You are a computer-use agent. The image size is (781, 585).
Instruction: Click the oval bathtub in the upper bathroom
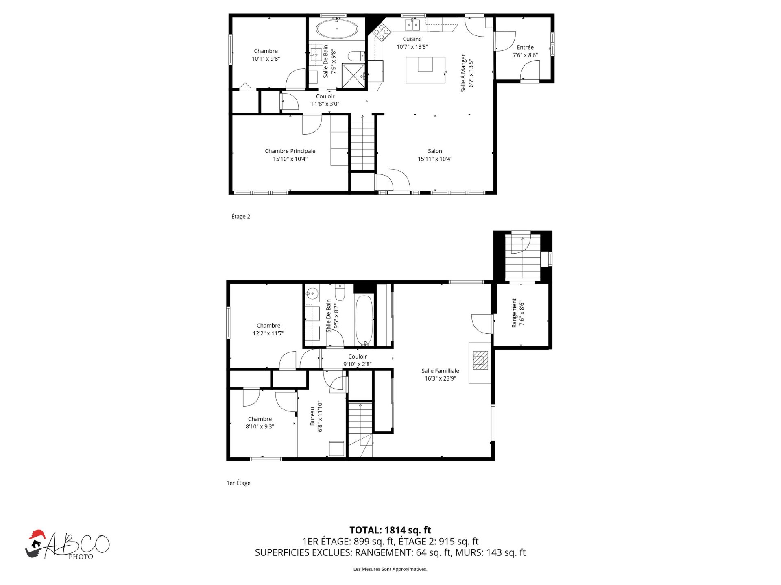(337, 29)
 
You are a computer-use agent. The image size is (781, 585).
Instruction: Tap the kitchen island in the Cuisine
(425, 70)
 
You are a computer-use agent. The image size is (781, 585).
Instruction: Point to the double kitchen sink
(412, 25)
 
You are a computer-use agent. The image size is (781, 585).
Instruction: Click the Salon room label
(435, 151)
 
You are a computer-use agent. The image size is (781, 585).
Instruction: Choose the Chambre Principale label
(290, 151)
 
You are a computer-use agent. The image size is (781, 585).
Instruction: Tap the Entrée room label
(525, 47)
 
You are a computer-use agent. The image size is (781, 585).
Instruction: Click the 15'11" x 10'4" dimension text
(435, 159)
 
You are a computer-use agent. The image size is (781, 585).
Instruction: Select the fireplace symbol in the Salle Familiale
(480, 360)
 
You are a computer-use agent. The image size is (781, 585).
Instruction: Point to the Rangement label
(514, 313)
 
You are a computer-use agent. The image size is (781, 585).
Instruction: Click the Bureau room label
(312, 416)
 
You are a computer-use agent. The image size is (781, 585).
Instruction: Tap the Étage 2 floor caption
(241, 216)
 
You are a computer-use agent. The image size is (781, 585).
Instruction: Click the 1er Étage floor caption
(238, 483)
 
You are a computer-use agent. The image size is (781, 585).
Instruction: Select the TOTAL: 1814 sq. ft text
(390, 530)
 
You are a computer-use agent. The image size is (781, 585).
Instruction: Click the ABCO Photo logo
(68, 545)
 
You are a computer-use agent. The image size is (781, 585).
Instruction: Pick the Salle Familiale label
(440, 371)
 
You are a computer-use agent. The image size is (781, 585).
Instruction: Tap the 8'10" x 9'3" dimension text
(260, 426)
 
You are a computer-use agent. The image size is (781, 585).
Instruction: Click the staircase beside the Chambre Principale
(362, 142)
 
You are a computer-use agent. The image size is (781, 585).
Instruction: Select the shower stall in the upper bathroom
(353, 76)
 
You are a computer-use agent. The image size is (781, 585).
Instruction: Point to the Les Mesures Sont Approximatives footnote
(390, 569)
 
